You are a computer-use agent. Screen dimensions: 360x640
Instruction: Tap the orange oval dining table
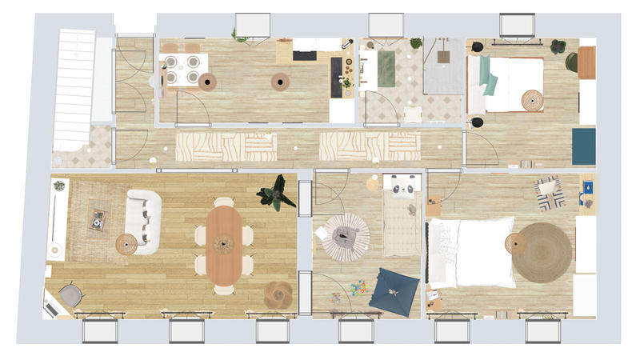pyautogui.click(x=223, y=245)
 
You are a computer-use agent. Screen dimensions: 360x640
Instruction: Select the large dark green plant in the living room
pyautogui.click(x=276, y=194)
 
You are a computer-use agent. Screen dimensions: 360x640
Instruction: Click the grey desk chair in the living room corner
pyautogui.click(x=70, y=294)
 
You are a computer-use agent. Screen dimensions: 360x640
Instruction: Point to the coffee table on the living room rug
pyautogui.click(x=98, y=219)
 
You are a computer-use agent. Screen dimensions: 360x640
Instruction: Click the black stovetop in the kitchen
pyautogui.click(x=305, y=55)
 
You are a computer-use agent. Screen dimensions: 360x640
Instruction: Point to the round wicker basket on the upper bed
pyautogui.click(x=532, y=100)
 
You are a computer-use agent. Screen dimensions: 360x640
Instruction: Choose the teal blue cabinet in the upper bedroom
pyautogui.click(x=583, y=146)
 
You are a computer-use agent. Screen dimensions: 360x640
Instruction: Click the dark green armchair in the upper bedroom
pyautogui.click(x=571, y=62)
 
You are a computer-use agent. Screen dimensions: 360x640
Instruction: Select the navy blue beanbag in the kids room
pyautogui.click(x=394, y=289)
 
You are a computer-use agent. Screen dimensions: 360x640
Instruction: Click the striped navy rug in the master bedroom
pyautogui.click(x=550, y=193)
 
